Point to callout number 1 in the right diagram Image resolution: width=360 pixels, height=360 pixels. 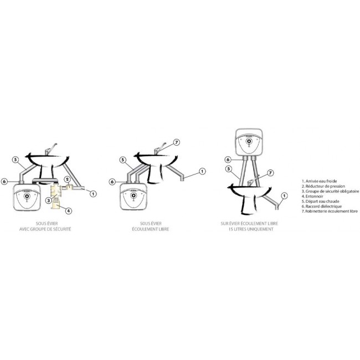pyautogui.click(x=284, y=195)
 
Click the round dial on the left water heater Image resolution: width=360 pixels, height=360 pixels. pyautogui.click(x=28, y=196)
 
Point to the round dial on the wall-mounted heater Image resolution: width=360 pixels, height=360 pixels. pyautogui.click(x=250, y=142)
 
